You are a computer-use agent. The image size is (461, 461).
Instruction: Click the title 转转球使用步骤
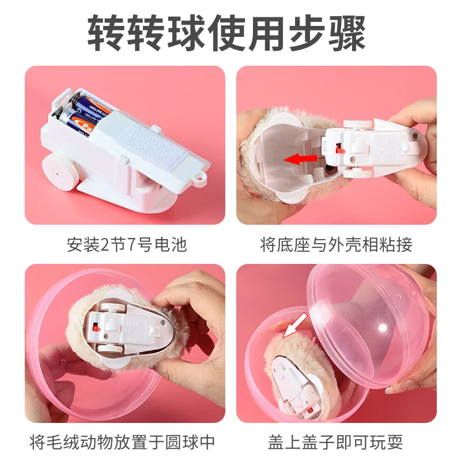(226, 33)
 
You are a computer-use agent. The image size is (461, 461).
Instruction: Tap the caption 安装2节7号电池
(127, 244)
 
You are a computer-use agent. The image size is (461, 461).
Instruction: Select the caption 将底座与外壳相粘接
(337, 244)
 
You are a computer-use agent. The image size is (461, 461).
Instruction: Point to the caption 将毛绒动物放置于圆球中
(122, 441)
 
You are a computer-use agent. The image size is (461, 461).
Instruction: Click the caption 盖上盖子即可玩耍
(335, 441)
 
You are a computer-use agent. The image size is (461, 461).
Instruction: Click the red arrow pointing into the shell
(300, 160)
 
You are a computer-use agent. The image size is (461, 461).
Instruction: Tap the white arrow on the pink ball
(294, 326)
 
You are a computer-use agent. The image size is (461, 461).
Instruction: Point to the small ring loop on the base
(201, 179)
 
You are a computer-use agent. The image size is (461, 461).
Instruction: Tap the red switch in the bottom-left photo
(95, 327)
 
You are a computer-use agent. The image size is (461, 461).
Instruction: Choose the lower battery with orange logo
(77, 123)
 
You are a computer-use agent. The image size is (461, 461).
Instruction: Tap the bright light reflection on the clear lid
(383, 327)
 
